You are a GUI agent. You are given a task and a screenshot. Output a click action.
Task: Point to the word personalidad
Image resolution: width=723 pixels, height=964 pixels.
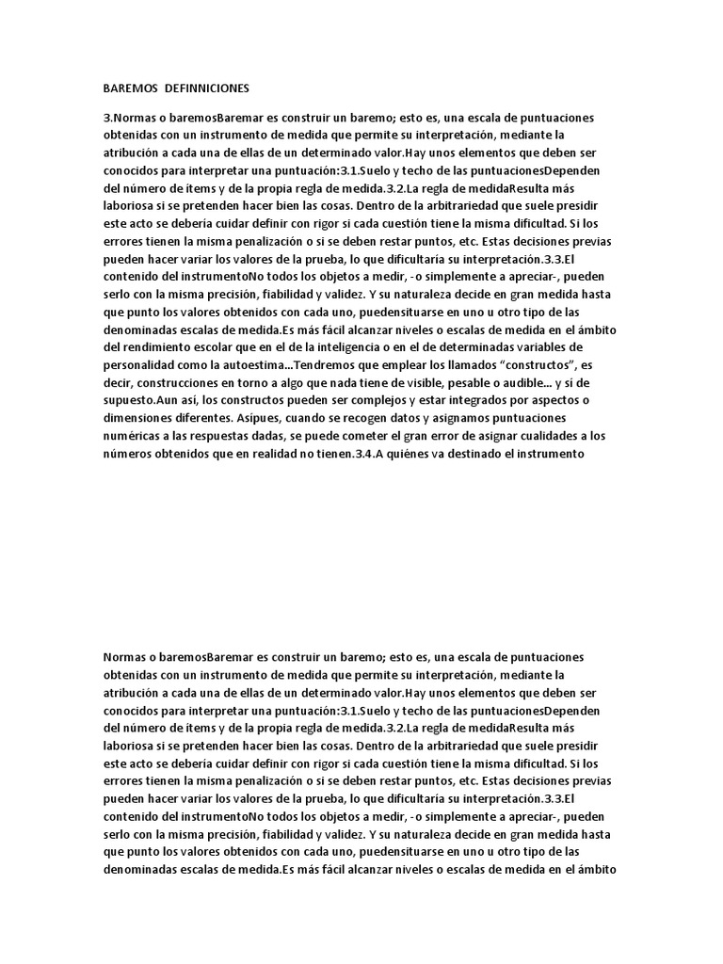143,366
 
